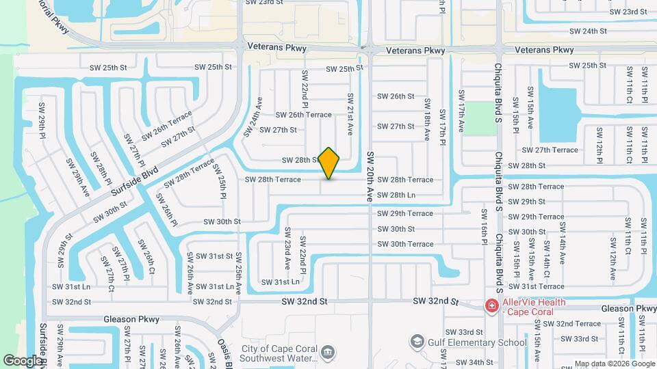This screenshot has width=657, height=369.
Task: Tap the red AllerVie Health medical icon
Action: click(491, 305)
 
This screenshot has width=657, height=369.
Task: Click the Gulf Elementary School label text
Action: click(478, 342)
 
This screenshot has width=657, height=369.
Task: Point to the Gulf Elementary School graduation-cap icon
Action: click(417, 341)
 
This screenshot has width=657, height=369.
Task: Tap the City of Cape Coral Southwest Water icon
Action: click(328, 352)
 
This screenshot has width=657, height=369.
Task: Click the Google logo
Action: click(23, 360)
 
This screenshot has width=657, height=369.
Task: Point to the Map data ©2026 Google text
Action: click(614, 364)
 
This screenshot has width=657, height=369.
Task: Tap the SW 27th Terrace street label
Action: click(550, 150)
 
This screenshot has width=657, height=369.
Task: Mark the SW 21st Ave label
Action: click(350, 114)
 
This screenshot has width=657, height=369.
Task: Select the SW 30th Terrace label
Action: click(406, 244)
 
